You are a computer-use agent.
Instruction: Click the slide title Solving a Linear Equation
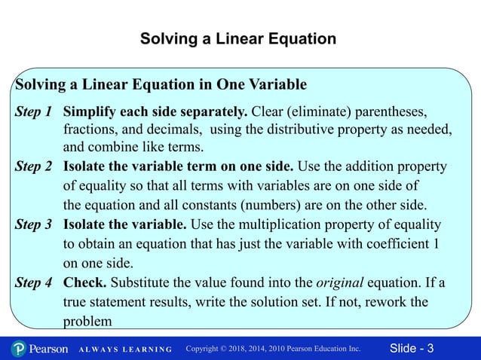pyautogui.click(x=238, y=38)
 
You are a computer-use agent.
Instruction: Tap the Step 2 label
pyautogui.click(x=34, y=166)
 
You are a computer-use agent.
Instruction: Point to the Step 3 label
pyautogui.click(x=34, y=225)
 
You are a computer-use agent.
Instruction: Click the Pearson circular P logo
pyautogui.click(x=20, y=349)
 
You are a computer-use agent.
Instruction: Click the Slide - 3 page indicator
pyautogui.click(x=412, y=349)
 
